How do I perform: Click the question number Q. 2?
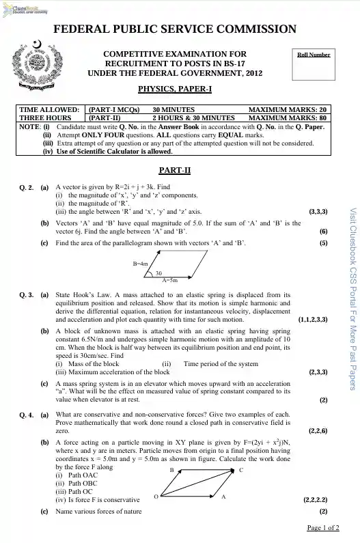tap(27, 186)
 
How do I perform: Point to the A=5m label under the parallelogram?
tap(169, 280)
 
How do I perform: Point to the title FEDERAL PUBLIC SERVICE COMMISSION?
tap(174, 29)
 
